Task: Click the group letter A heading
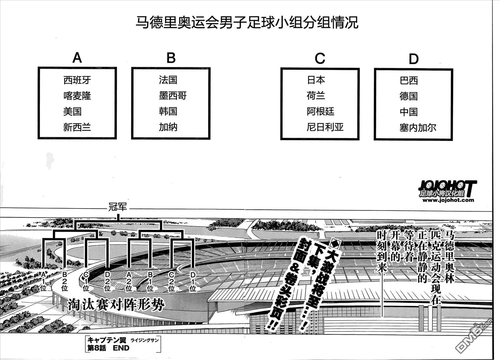click(x=77, y=58)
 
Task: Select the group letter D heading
click(x=413, y=59)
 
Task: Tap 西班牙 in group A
click(x=77, y=80)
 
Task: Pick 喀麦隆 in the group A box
click(x=77, y=96)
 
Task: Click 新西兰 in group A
click(x=77, y=127)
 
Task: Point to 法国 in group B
click(x=168, y=80)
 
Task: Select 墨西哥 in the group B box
click(x=173, y=96)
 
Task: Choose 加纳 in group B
click(x=168, y=127)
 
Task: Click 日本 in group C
click(x=316, y=80)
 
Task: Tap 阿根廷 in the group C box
click(x=321, y=112)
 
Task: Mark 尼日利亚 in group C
click(x=325, y=127)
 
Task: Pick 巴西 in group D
click(x=409, y=81)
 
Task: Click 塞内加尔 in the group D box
click(x=418, y=128)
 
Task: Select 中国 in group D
click(x=409, y=112)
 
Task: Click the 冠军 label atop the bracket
click(x=118, y=207)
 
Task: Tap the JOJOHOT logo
click(x=447, y=189)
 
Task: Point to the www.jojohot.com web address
click(x=448, y=200)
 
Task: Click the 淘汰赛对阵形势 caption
click(x=116, y=305)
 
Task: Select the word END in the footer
click(x=121, y=348)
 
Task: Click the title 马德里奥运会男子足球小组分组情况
click(x=247, y=22)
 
